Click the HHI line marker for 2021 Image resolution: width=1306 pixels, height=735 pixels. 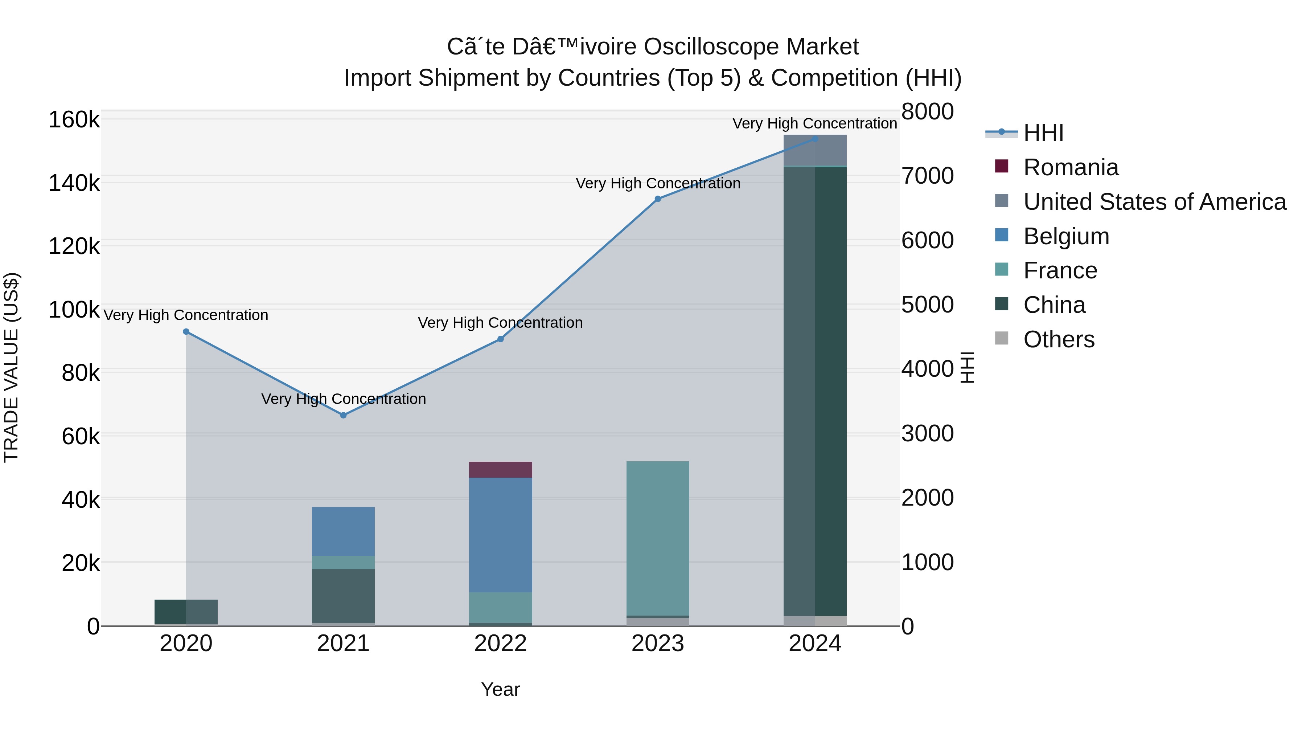343,415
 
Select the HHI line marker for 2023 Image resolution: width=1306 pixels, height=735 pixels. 658,199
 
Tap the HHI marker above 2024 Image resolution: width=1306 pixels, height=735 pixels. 815,139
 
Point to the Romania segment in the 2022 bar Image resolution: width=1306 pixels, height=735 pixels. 500,470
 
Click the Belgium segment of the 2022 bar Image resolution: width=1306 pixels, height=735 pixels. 500,535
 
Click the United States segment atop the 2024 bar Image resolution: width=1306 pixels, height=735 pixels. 815,151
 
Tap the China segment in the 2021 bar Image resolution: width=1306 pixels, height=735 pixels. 343,596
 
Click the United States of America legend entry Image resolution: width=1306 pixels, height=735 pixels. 1154,202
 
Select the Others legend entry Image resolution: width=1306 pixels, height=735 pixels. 1059,339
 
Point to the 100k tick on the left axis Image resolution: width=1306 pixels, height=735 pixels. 74,310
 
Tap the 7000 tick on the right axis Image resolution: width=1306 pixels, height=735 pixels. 927,176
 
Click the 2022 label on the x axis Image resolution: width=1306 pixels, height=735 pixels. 500,644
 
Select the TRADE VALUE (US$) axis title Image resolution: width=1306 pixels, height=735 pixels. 12,367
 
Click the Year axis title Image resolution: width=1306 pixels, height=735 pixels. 500,689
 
